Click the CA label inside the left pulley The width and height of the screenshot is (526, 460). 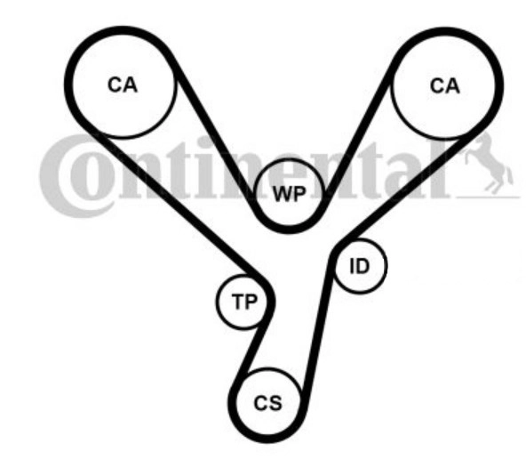pyautogui.click(x=123, y=85)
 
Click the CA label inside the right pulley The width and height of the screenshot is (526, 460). pyautogui.click(x=445, y=86)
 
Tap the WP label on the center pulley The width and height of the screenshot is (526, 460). pyautogui.click(x=290, y=194)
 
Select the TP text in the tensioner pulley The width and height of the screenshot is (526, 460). pyautogui.click(x=244, y=302)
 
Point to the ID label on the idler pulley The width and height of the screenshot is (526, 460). pyautogui.click(x=359, y=266)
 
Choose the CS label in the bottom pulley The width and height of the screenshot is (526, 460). pyautogui.click(x=267, y=403)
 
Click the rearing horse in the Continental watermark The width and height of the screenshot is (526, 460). pyautogui.click(x=489, y=165)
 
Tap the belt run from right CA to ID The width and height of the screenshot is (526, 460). pyautogui.click(x=408, y=188)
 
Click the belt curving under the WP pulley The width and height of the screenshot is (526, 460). pyautogui.click(x=288, y=230)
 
